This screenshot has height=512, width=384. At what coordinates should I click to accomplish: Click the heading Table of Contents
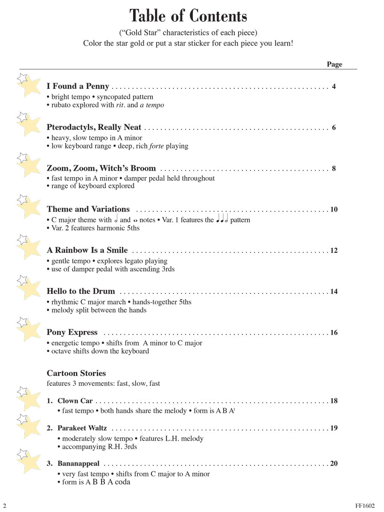pos(188,16)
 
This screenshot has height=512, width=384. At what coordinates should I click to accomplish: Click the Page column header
pos(335,64)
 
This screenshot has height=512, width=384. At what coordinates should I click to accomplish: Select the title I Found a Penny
pos(78,87)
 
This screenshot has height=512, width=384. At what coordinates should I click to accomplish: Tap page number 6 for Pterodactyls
pos(334,128)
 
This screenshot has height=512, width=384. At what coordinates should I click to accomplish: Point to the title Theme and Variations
pos(88,209)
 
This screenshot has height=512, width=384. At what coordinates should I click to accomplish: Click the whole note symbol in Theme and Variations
pos(135,221)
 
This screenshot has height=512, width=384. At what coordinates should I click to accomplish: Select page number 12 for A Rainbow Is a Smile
pos(334,250)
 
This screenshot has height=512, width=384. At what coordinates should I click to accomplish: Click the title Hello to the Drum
pos(81,291)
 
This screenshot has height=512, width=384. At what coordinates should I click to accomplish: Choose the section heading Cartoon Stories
pos(76,373)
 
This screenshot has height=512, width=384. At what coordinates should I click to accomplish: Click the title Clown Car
pos(75,401)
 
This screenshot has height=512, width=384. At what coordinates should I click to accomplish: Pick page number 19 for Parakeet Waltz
pos(334,428)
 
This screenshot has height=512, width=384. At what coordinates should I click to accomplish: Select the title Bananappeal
pos(79,464)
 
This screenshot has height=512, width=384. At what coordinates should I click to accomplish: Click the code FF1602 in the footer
pos(364,506)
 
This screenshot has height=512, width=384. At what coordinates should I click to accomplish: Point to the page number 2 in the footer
pos(5,506)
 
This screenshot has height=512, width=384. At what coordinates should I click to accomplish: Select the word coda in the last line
pos(122,482)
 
